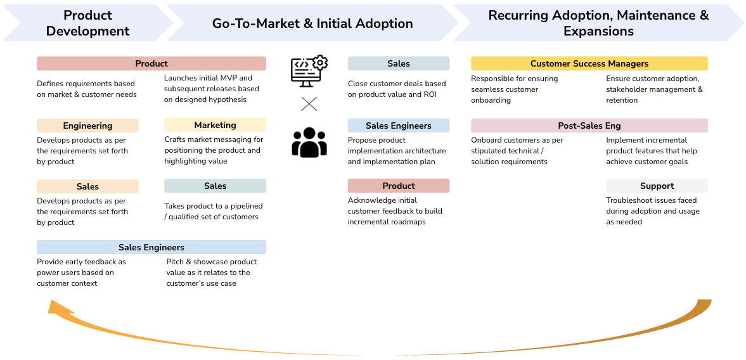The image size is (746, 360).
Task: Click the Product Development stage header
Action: [87, 23]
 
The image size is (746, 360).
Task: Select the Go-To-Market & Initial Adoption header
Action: [312, 23]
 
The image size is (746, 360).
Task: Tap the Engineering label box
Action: [87, 125]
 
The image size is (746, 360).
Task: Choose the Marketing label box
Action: [215, 125]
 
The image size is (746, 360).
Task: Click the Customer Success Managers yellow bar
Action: [589, 63]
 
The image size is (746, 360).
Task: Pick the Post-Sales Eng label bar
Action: [589, 125]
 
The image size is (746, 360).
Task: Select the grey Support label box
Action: [657, 186]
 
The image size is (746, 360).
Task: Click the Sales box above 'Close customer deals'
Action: [398, 63]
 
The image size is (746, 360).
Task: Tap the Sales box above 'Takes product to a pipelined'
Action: [215, 186]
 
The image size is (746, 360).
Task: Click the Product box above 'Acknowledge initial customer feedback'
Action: [398, 186]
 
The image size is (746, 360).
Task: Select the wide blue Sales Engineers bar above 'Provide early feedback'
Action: [151, 247]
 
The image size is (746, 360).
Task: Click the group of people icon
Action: [309, 142]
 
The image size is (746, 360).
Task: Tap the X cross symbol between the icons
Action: [309, 104]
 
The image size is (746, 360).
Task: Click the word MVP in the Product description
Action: [226, 78]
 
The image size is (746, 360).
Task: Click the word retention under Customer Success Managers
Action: [622, 100]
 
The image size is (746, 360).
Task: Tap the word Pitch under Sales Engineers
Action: [175, 262]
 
